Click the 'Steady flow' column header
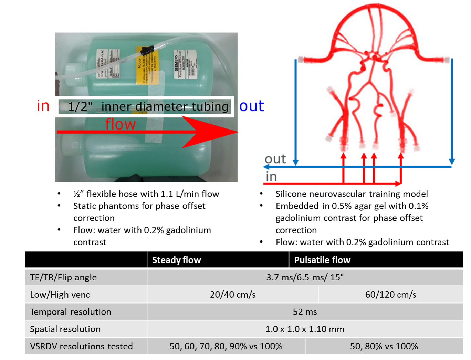[176, 260]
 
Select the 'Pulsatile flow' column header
[322, 260]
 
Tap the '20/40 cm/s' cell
[233, 295]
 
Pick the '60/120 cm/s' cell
[390, 295]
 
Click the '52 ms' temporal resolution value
[305, 312]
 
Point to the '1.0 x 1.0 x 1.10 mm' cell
[305, 329]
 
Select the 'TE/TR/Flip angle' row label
[63, 277]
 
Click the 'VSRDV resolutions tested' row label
[81, 346]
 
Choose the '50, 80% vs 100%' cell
[384, 346]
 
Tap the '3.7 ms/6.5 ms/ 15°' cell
[305, 277]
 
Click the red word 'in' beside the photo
[43, 106]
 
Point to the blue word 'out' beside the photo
[252, 106]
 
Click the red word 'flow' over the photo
[121, 124]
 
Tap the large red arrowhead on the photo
[210, 132]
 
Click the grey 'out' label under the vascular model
[275, 159]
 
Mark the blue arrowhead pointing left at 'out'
[266, 167]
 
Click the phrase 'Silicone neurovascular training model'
[352, 194]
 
